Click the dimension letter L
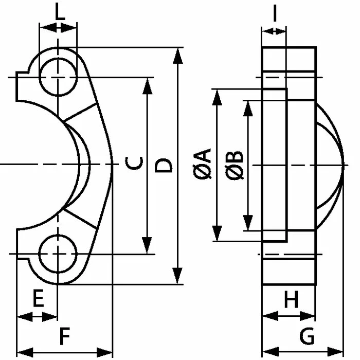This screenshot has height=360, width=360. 60,12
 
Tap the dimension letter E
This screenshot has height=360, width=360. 38,300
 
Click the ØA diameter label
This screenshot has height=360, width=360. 204,164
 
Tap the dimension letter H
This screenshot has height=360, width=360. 291,300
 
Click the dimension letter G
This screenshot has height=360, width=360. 307,337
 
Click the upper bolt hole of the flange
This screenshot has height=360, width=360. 58,77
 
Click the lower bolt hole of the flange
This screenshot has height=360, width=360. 58,254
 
